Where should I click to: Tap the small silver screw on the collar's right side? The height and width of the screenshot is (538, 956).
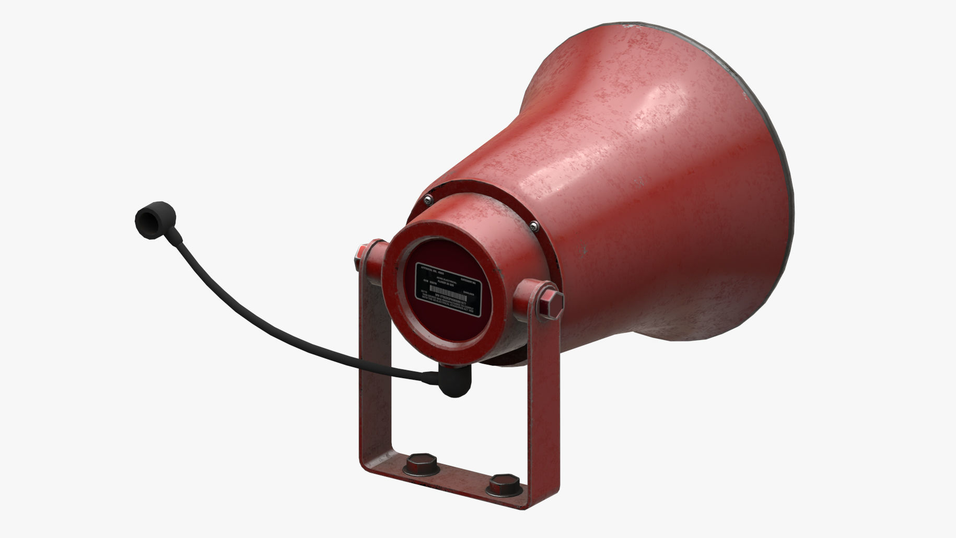pos(533,226)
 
